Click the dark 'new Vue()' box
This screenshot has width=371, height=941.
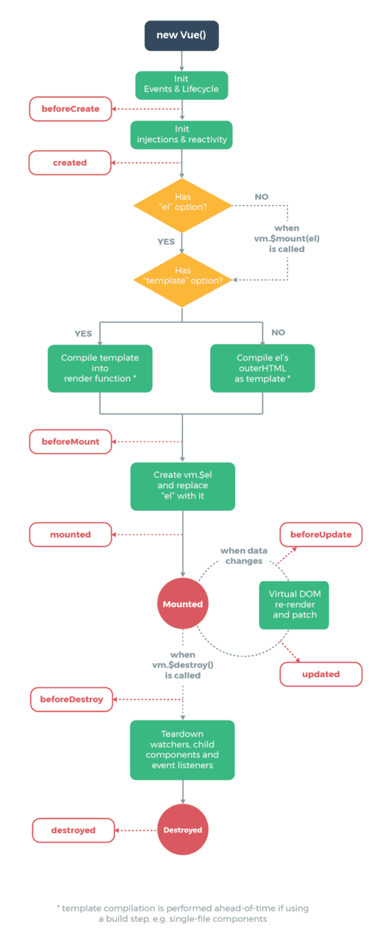(x=182, y=35)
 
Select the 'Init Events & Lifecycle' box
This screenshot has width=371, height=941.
(x=182, y=85)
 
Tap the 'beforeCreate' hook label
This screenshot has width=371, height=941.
(x=70, y=110)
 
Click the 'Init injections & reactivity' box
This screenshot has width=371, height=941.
(x=182, y=134)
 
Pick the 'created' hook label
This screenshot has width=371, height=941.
(x=70, y=162)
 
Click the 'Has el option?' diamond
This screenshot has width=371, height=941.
(x=182, y=202)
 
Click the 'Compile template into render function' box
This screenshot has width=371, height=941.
(x=100, y=368)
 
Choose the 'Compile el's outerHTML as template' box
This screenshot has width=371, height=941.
(x=263, y=368)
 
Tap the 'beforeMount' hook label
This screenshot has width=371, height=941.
(x=70, y=442)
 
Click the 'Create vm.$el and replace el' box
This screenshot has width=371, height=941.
(x=182, y=486)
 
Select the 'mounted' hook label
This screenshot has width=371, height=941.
(x=70, y=534)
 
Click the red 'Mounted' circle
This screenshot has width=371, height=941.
(x=182, y=604)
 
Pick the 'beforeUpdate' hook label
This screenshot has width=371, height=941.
(x=321, y=534)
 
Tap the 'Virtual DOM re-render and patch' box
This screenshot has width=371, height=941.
(x=293, y=604)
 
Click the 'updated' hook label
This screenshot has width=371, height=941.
(x=321, y=673)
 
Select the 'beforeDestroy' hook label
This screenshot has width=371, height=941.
(x=71, y=699)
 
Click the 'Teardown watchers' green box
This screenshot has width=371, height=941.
(x=182, y=749)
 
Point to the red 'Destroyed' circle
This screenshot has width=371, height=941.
(x=182, y=829)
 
